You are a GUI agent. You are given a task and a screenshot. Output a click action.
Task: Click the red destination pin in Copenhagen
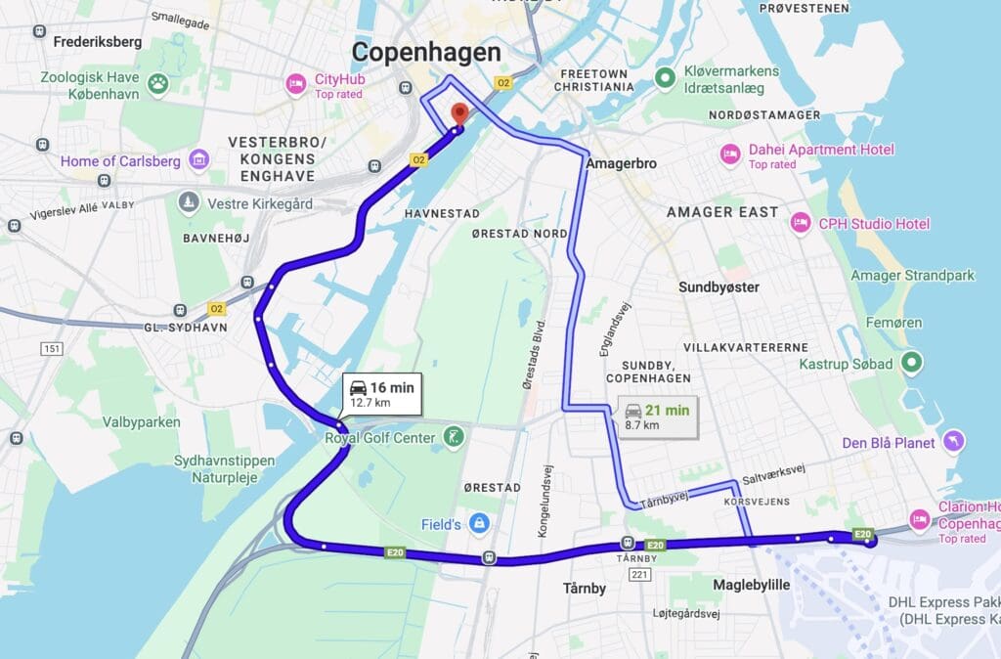coord(457,114)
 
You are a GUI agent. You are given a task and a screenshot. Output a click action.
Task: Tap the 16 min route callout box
coord(382,393)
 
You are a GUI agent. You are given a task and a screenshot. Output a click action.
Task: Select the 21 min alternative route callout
coord(657,416)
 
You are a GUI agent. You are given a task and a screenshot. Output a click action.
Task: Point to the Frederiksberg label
coord(98,42)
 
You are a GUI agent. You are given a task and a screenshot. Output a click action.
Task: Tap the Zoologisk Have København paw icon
coord(157,85)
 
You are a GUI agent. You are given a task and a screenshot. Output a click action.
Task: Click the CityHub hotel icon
coord(295,85)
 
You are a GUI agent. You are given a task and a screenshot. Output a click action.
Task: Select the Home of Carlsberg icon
coord(199,158)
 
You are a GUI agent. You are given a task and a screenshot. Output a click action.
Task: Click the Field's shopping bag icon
coord(478,524)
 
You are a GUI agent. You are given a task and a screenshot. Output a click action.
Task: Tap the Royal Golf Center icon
coord(453,437)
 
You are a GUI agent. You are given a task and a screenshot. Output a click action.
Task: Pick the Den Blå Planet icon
coord(955,442)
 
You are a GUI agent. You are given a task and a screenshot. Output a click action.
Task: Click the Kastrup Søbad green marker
coord(911,364)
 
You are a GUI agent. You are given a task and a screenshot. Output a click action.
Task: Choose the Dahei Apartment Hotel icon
coord(729,154)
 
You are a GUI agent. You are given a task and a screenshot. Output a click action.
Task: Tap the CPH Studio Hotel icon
coord(800,223)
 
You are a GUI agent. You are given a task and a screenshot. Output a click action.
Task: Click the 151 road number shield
coord(52,349)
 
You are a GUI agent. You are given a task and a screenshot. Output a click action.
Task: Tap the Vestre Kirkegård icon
coord(188,202)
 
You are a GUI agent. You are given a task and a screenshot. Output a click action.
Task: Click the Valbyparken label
coord(142,422)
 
